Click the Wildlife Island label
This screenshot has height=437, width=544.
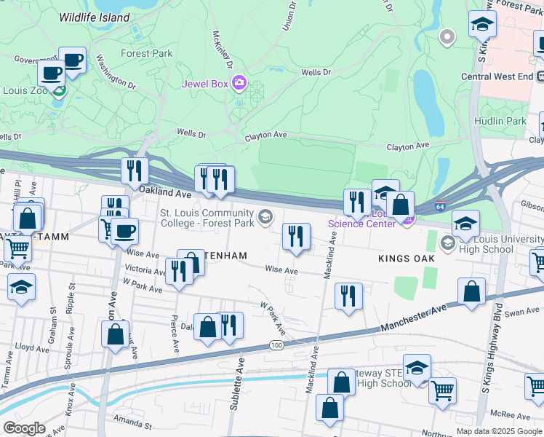[95, 17]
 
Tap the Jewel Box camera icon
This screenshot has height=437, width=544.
[239, 83]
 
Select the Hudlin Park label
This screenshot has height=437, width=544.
[500, 121]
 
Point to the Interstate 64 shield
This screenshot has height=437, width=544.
[440, 207]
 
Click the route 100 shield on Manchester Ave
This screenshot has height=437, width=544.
[276, 345]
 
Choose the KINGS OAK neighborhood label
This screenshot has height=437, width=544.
[406, 259]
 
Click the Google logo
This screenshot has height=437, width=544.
[24, 428]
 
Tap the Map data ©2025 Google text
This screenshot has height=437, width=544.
[499, 431]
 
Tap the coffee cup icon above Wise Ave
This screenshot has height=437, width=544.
[124, 232]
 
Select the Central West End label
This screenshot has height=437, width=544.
[497, 76]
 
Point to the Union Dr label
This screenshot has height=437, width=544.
[289, 16]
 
